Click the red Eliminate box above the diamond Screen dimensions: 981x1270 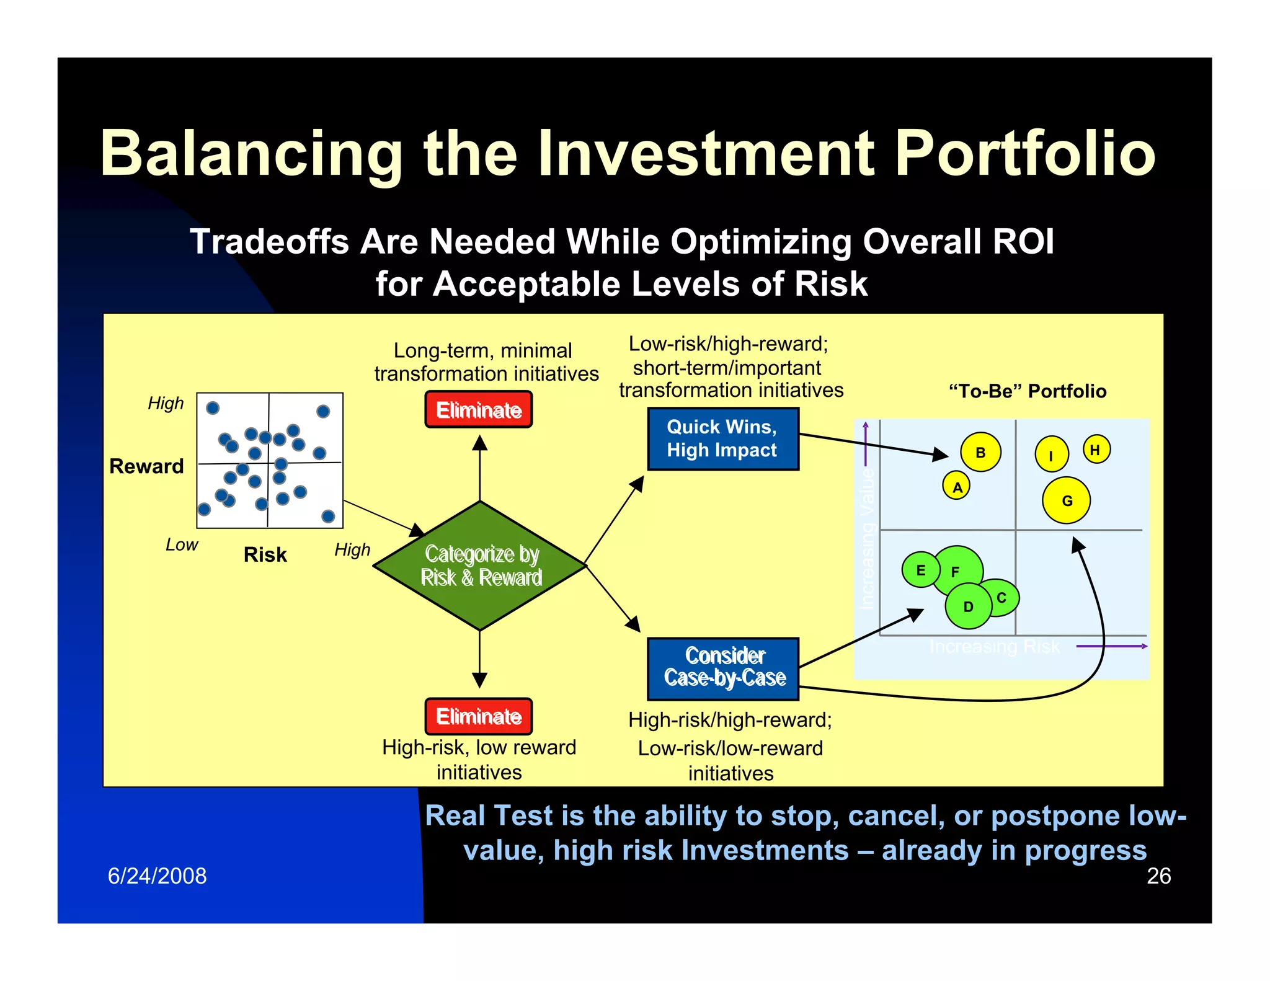[x=478, y=409]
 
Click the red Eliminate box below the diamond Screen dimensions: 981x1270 [x=478, y=716]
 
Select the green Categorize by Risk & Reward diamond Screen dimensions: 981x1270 [x=480, y=566]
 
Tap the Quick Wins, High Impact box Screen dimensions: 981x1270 [x=722, y=438]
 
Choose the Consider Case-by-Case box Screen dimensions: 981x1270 [x=723, y=668]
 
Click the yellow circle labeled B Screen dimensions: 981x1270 [x=980, y=452]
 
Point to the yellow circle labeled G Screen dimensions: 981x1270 [x=1066, y=500]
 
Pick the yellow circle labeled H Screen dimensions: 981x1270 [x=1096, y=450]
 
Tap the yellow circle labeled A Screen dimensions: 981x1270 [x=957, y=487]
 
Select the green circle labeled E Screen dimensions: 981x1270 [x=920, y=570]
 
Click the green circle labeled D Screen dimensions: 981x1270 [x=967, y=606]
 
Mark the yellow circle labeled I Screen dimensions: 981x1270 [x=1051, y=455]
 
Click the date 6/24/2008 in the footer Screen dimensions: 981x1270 [x=157, y=876]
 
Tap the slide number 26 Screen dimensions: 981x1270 [x=1158, y=876]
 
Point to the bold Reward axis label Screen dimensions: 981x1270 [x=146, y=466]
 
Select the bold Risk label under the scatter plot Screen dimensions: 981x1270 [x=265, y=554]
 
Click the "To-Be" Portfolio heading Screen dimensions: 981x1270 [x=1028, y=391]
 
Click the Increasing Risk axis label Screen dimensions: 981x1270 [x=995, y=647]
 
